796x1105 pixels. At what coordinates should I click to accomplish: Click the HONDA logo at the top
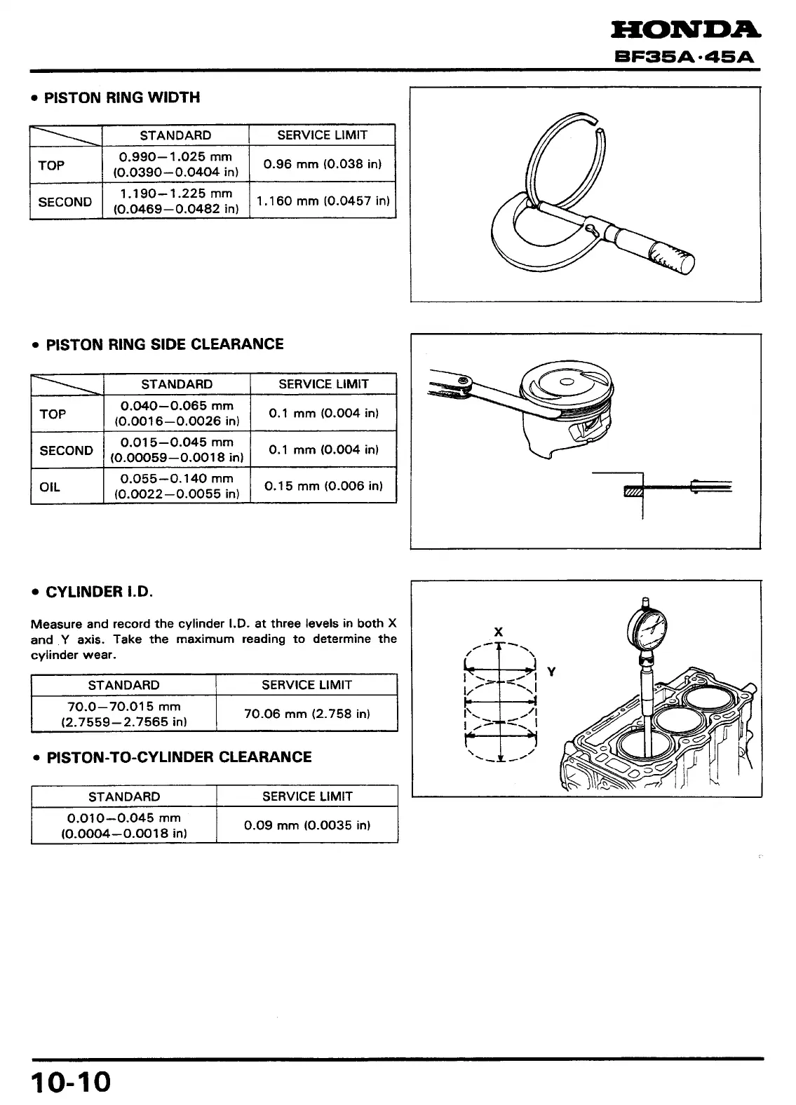click(x=685, y=29)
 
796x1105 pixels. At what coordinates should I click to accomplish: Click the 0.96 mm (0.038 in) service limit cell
click(x=323, y=165)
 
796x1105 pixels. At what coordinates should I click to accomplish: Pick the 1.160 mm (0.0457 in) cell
click(x=323, y=201)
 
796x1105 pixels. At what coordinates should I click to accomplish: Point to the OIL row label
click(x=50, y=487)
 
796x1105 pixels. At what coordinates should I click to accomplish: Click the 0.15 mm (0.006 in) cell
click(x=323, y=486)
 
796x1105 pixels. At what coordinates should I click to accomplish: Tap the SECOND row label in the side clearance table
click(x=66, y=450)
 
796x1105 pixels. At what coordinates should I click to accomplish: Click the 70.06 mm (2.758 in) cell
click(x=306, y=714)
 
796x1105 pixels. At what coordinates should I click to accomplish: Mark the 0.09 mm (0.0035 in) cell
click(x=307, y=825)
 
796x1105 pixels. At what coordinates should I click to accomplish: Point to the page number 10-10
click(x=71, y=1081)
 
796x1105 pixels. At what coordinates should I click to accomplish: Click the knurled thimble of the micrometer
click(x=671, y=257)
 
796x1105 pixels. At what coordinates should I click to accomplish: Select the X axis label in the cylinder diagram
click(x=498, y=632)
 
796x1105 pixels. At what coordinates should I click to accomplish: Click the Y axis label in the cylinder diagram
click(x=551, y=672)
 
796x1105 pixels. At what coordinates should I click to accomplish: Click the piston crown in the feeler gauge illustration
click(x=567, y=381)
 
